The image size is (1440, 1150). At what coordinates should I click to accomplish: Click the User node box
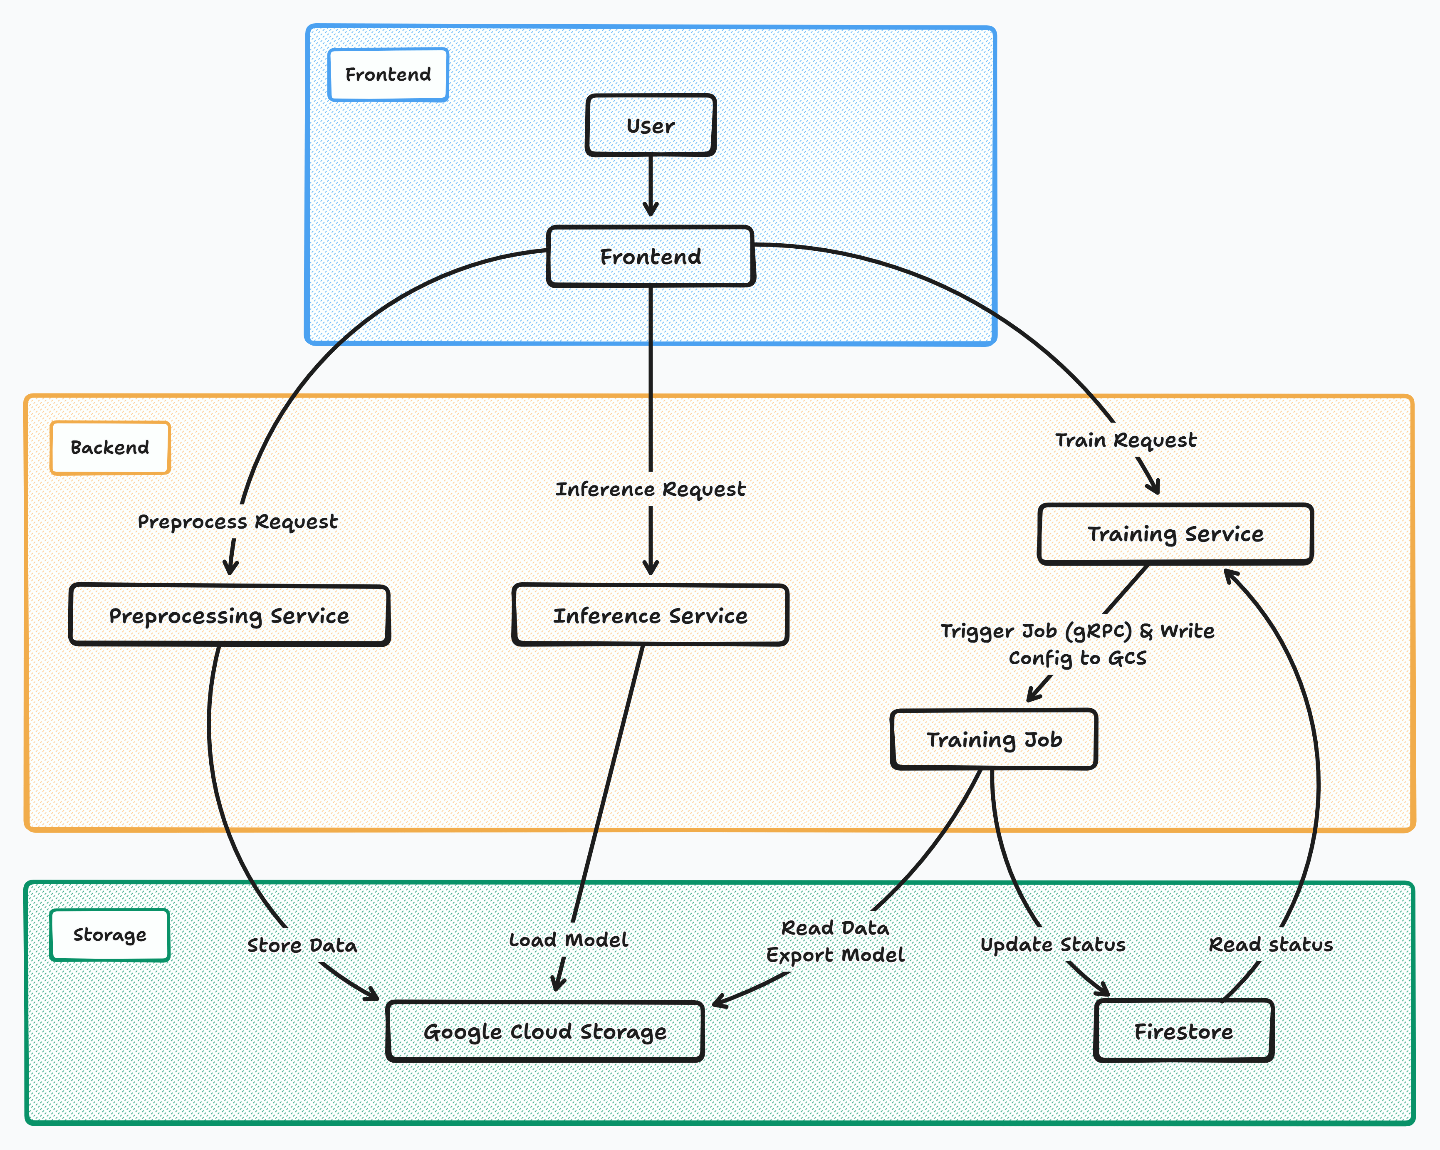point(651,126)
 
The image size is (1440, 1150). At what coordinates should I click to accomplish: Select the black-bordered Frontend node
point(651,257)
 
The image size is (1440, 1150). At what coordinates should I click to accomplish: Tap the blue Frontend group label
point(388,75)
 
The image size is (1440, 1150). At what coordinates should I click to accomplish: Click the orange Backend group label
point(110,448)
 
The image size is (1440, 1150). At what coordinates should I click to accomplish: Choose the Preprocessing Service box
point(229,615)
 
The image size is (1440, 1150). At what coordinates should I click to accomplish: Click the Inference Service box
point(651,615)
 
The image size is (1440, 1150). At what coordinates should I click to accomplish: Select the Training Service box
point(1175,534)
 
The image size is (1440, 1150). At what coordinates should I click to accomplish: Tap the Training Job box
point(994,739)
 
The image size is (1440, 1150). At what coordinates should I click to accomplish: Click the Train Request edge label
point(1126,440)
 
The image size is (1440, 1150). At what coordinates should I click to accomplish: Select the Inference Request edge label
point(651,490)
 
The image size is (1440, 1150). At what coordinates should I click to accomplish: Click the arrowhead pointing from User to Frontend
point(651,210)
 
